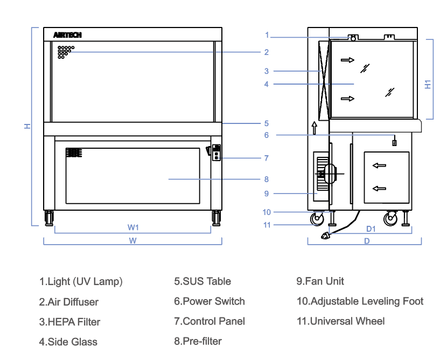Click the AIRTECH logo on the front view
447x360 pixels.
(x=67, y=35)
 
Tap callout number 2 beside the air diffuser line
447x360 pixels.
(x=266, y=52)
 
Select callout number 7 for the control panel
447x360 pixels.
(x=266, y=158)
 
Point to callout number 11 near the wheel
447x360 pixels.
(x=267, y=225)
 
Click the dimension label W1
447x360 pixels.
(x=133, y=227)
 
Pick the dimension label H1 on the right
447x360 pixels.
(x=428, y=84)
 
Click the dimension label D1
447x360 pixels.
(x=371, y=229)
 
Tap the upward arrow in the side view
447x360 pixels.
(x=314, y=127)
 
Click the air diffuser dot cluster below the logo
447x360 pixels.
(x=65, y=52)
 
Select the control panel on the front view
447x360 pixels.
(x=216, y=153)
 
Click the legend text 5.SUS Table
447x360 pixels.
(x=202, y=281)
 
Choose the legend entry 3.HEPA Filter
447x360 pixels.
(x=69, y=322)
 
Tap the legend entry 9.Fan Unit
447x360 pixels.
(x=320, y=281)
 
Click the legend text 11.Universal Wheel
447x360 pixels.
(x=340, y=321)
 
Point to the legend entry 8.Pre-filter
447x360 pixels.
(x=198, y=341)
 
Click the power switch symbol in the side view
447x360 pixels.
(x=394, y=142)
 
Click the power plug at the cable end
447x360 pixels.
(x=325, y=234)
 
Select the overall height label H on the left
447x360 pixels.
(x=27, y=126)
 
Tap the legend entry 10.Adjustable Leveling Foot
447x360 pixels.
(x=360, y=301)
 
